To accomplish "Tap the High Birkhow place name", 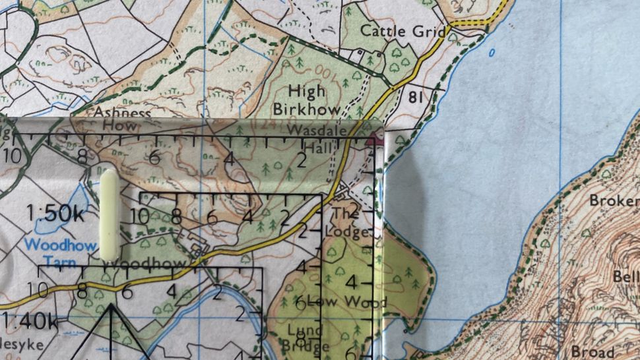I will click(x=316, y=100).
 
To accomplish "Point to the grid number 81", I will click(x=416, y=98).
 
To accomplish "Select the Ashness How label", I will click(x=123, y=119).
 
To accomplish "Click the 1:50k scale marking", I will click(x=57, y=214).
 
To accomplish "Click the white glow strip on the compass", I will click(x=109, y=214).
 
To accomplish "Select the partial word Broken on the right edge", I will click(x=614, y=200).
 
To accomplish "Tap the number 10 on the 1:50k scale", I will click(x=140, y=216).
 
